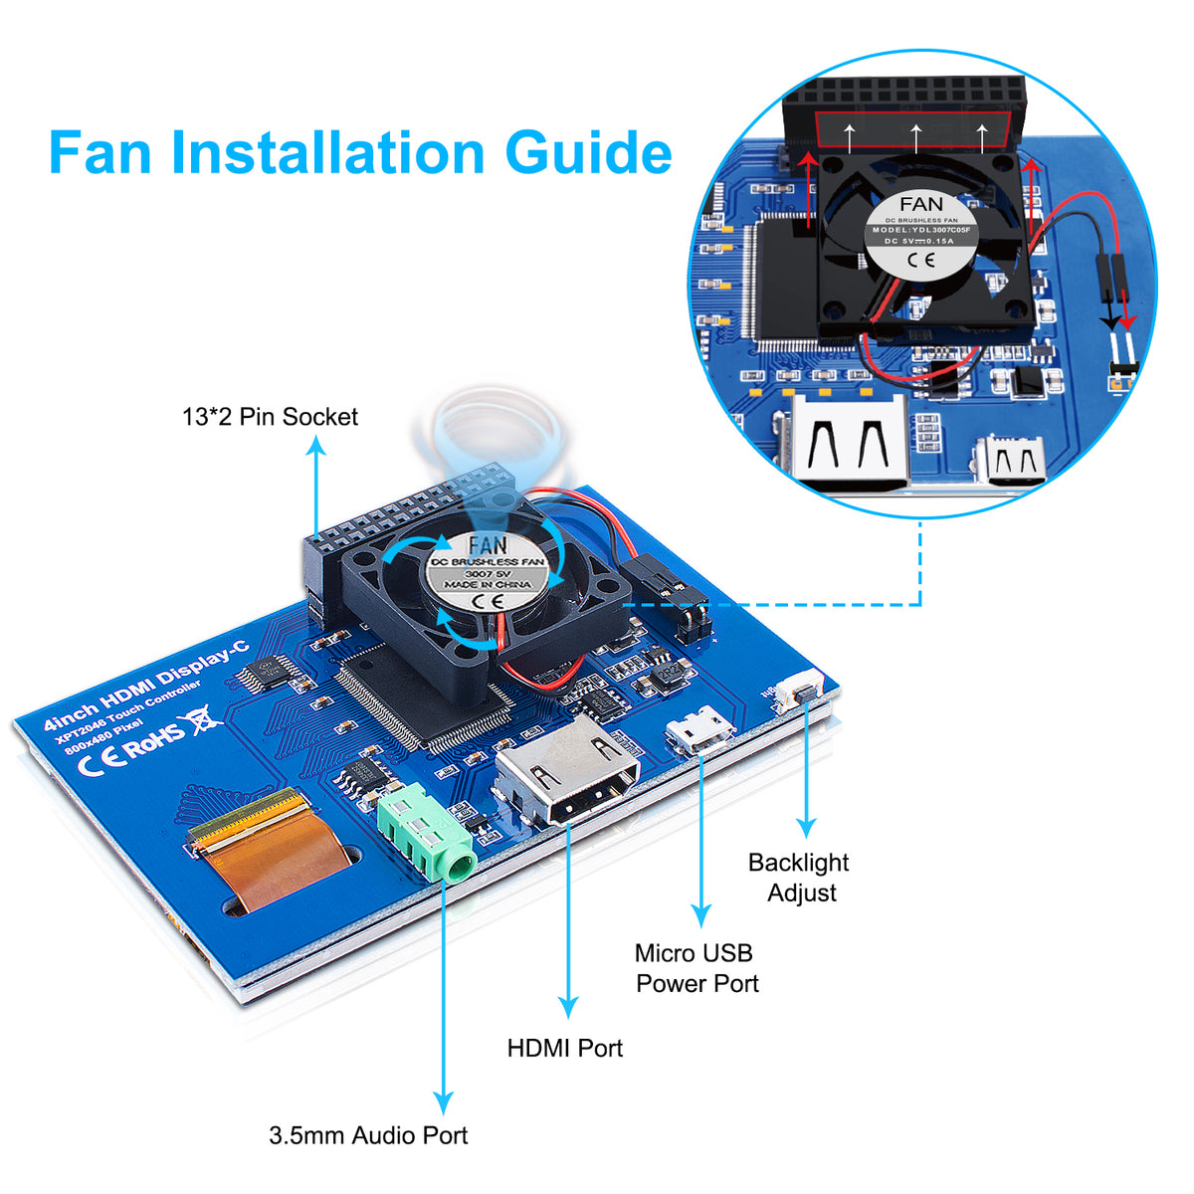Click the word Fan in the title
click(x=100, y=153)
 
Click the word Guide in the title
click(x=588, y=153)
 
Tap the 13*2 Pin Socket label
click(x=270, y=417)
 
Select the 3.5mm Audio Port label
click(x=368, y=1135)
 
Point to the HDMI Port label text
click(x=564, y=1048)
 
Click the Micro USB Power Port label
click(x=696, y=968)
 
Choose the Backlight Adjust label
click(x=799, y=878)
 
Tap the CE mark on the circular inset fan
click(x=919, y=261)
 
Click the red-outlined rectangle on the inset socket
click(x=913, y=131)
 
